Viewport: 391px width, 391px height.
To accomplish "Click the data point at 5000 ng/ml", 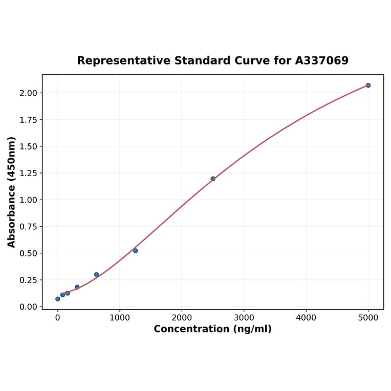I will click(x=368, y=85).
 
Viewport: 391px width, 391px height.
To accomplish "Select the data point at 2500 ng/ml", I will click(x=213, y=179).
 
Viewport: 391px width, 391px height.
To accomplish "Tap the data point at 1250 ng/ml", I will click(x=135, y=251).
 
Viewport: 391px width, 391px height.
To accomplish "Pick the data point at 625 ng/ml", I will click(x=96, y=274).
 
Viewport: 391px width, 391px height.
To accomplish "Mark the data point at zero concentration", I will click(x=58, y=299).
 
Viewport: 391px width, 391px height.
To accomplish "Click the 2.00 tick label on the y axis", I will click(x=28, y=93).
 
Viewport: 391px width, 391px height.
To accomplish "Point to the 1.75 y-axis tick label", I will click(x=28, y=120).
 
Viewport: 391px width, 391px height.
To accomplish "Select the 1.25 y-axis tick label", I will click(x=28, y=173).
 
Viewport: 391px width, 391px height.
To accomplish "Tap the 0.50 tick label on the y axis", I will click(x=28, y=253).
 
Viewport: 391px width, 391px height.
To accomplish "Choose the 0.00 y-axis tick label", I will click(x=28, y=307).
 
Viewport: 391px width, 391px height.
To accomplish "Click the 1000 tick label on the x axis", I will click(x=120, y=317).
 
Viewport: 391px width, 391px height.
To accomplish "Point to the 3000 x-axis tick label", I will click(x=244, y=317).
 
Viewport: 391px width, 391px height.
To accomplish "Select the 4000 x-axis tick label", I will click(x=306, y=317).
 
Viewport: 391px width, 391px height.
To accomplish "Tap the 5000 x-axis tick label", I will click(x=368, y=317).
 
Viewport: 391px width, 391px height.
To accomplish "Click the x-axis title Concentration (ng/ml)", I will click(x=212, y=329).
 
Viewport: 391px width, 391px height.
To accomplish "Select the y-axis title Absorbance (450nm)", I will click(x=12, y=192).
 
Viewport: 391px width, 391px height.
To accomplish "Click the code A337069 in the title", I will click(x=322, y=61).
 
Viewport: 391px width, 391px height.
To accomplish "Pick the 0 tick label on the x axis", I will click(x=58, y=317).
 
